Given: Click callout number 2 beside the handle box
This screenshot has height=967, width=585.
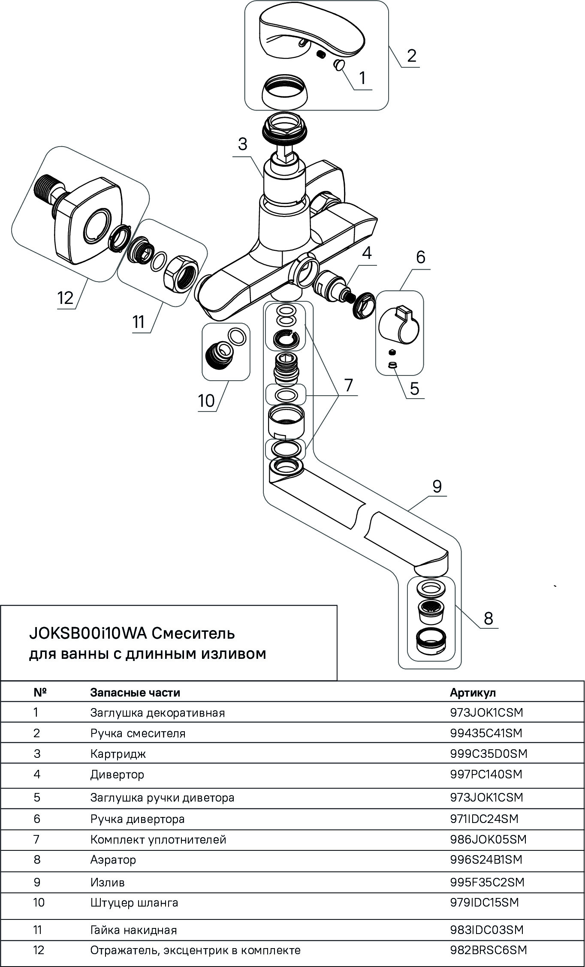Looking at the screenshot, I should pos(411,56).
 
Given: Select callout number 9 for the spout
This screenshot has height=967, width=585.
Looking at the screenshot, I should pos(437,487).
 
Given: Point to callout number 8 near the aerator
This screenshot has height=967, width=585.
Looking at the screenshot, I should pos(488,619).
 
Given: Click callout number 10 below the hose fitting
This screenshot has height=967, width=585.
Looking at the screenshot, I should pos(206,401).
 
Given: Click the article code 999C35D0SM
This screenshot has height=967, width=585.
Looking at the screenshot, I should pos(488,753).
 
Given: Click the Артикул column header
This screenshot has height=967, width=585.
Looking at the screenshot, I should pos(473,692).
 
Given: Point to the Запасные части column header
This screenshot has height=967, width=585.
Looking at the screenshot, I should pos(135,692).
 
